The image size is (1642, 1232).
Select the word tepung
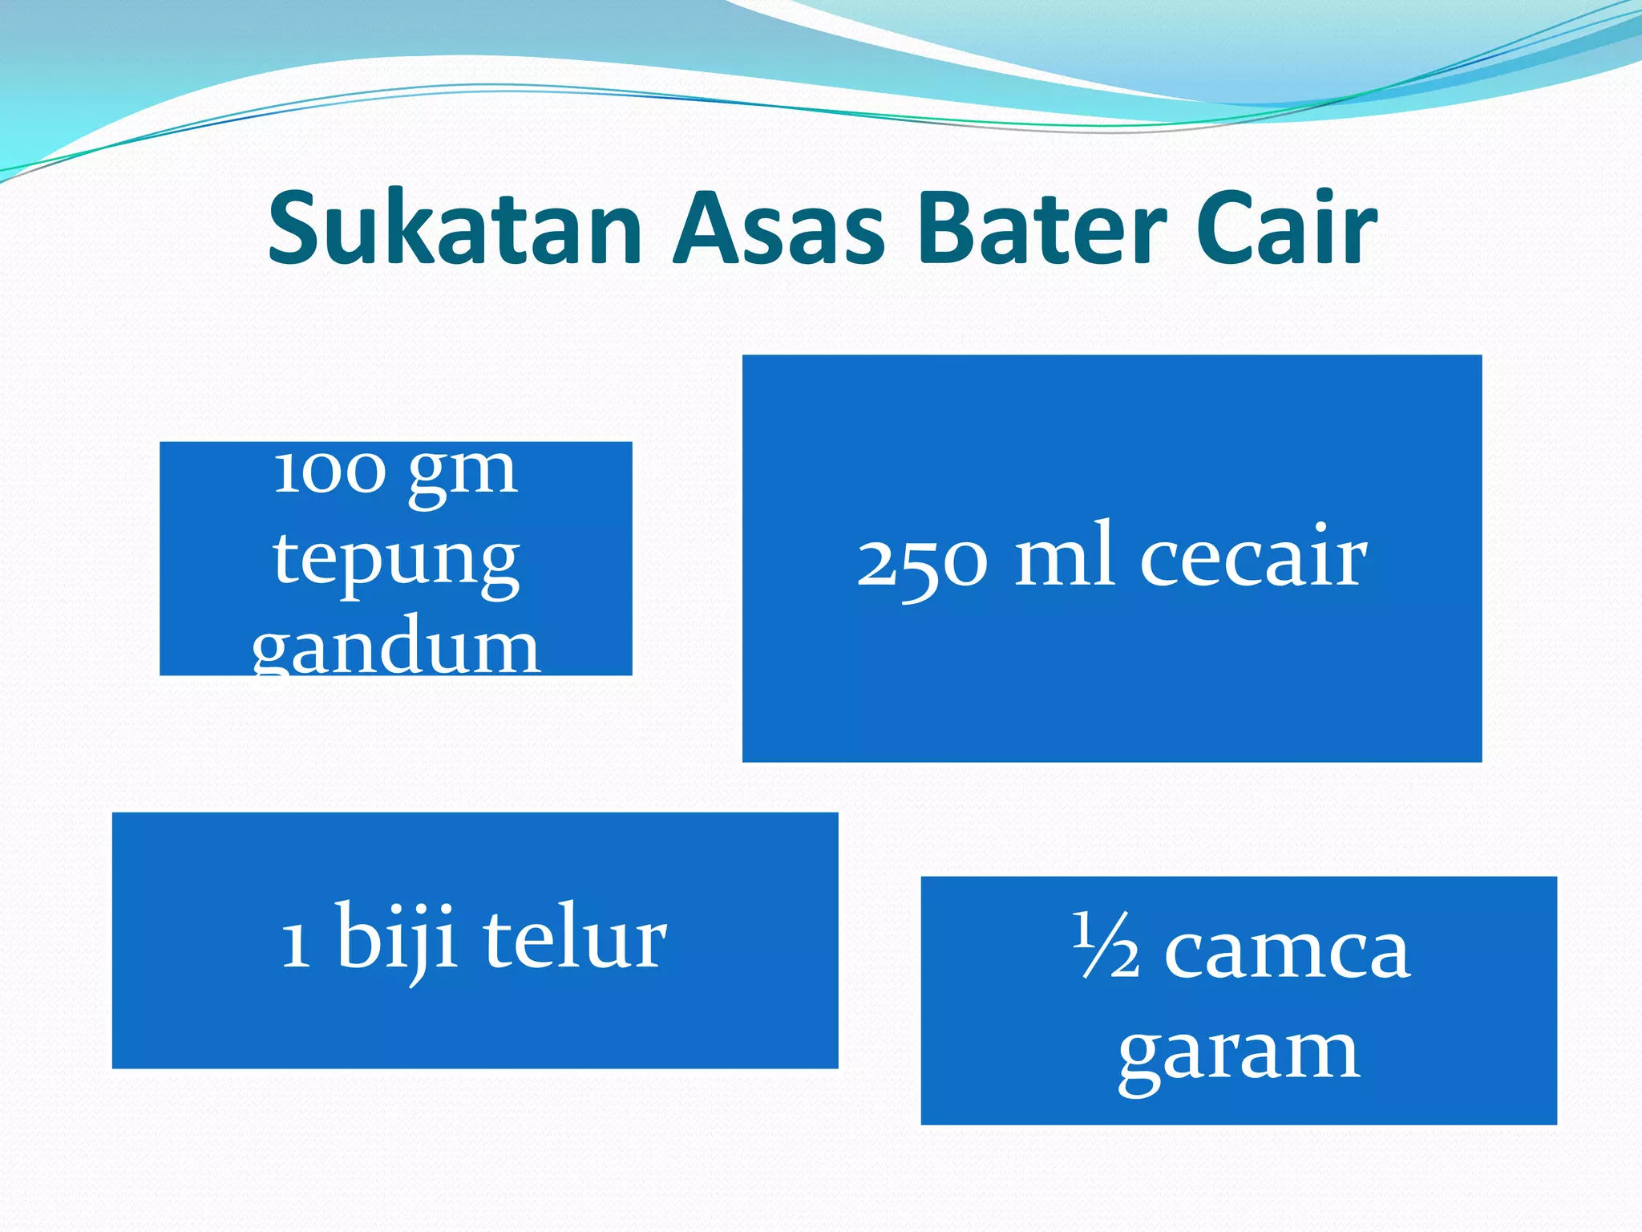[x=396, y=561]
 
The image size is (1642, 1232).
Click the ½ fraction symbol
[x=1106, y=946]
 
